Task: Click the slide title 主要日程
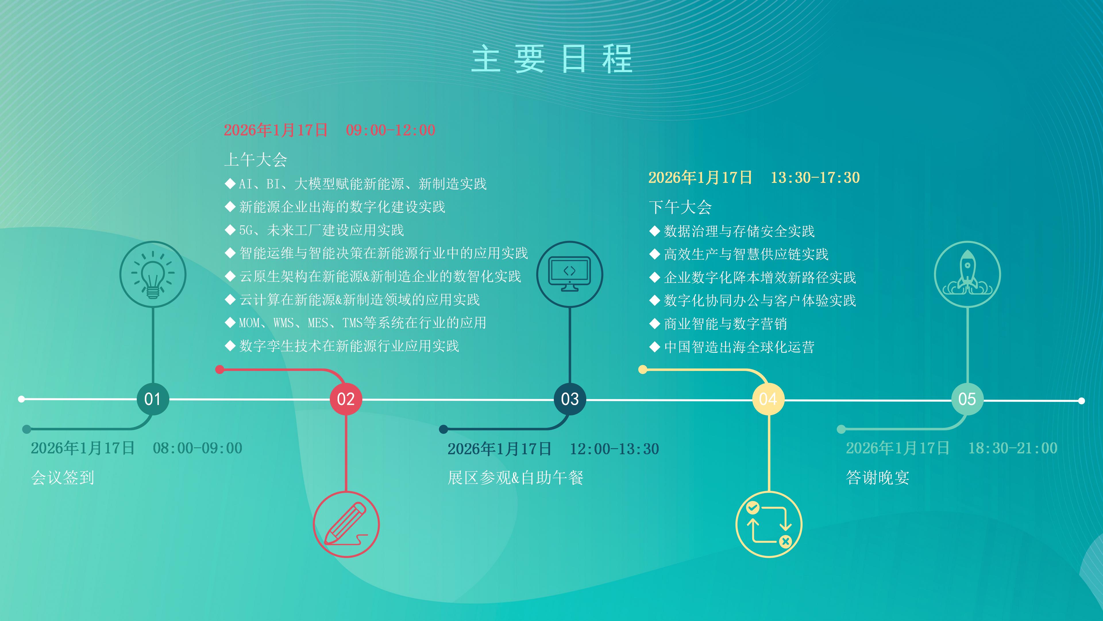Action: [551, 59]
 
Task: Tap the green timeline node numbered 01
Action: [153, 399]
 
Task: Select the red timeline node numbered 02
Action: [346, 399]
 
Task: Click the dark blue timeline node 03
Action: [570, 399]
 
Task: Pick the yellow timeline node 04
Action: [768, 399]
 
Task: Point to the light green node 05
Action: [967, 399]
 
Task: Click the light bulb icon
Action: [153, 274]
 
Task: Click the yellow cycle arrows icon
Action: [769, 524]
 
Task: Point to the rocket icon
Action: [967, 274]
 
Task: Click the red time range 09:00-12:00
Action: [391, 130]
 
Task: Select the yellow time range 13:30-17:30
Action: [815, 177]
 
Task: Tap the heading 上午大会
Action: [256, 160]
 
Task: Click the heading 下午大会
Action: [680, 207]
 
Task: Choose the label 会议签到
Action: [63, 478]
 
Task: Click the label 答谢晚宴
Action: [878, 478]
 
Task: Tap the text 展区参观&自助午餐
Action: [516, 478]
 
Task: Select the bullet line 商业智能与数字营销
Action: [718, 323]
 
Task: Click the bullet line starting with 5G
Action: [314, 230]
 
